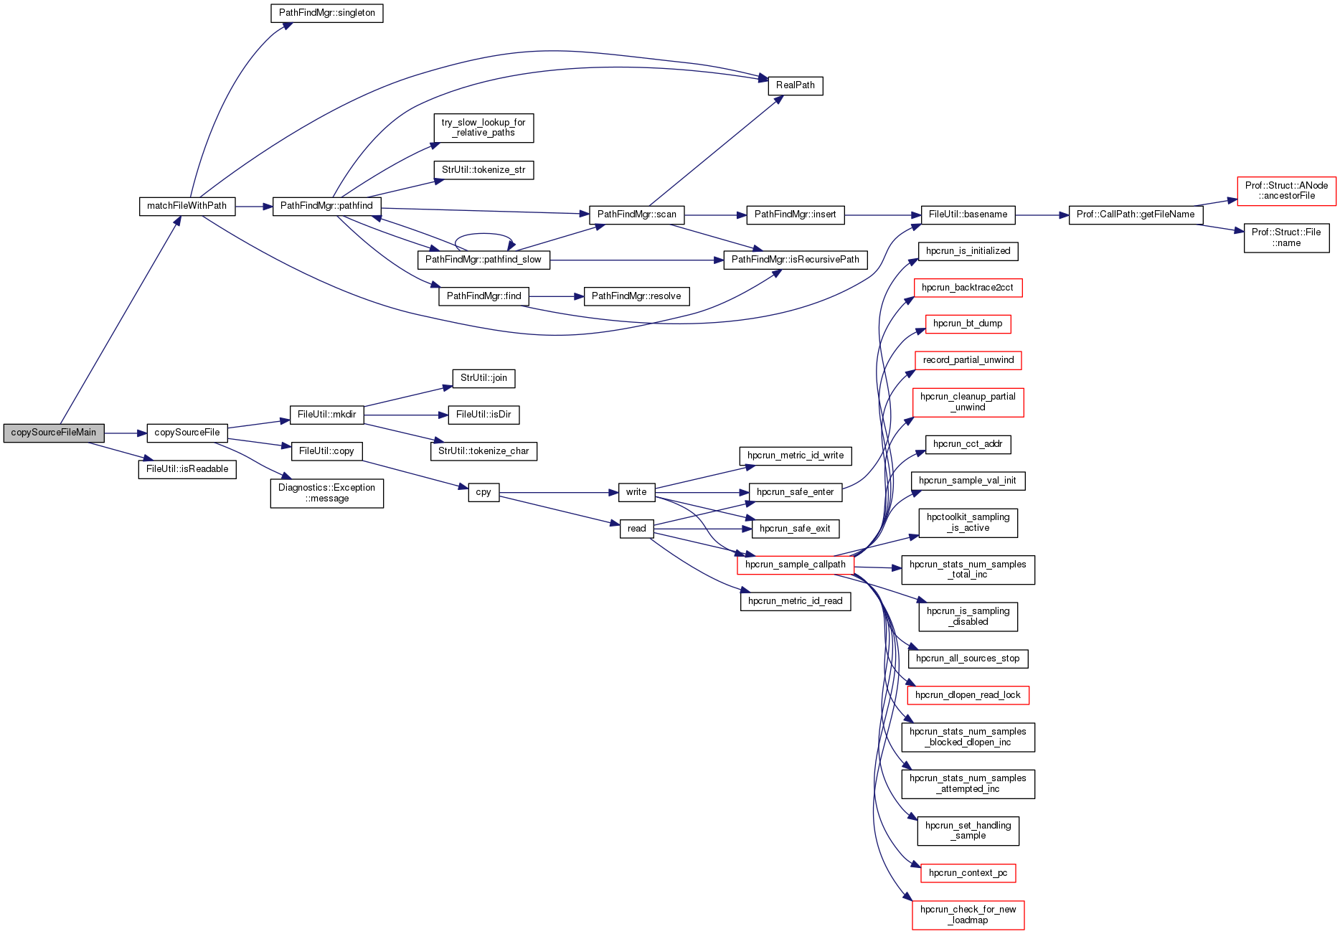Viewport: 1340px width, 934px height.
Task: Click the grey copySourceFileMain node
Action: (54, 433)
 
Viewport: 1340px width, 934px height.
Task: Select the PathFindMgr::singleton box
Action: (326, 13)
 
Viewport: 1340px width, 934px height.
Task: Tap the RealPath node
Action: (795, 85)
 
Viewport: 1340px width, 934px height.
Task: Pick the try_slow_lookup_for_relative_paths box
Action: (483, 128)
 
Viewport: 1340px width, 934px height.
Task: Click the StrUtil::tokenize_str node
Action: (483, 170)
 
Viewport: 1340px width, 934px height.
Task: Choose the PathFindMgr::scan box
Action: (636, 214)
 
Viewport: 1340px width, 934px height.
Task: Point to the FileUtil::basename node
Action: (968, 214)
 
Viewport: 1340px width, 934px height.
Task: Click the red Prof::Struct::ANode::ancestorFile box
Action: (1286, 191)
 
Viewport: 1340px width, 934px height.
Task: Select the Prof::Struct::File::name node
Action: (1286, 237)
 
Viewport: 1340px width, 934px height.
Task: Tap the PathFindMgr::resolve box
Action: (636, 296)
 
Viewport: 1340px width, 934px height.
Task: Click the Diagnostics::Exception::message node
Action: (326, 493)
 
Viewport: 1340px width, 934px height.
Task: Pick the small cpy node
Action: (483, 493)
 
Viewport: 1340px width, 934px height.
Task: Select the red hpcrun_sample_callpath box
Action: (795, 565)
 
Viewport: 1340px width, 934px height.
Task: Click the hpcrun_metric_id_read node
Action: (795, 601)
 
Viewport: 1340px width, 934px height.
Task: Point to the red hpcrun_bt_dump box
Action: (968, 324)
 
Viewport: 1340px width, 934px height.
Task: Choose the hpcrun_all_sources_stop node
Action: (968, 659)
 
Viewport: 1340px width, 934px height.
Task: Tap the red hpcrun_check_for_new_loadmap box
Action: (968, 915)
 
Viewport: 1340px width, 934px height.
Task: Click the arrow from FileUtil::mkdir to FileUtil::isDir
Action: (405, 415)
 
